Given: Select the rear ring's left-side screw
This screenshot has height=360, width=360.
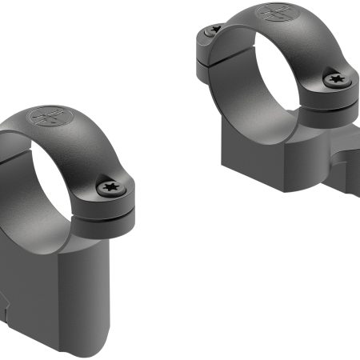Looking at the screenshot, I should (x=213, y=31).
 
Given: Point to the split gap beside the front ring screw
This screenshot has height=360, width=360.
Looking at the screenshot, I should (x=112, y=211).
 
